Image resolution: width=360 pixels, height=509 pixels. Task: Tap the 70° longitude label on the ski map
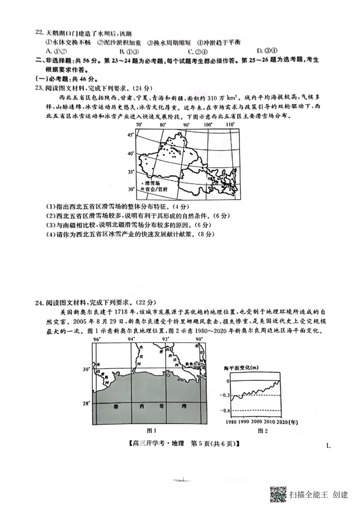[x=139, y=125]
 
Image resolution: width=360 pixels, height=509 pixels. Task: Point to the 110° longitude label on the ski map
[x=229, y=125]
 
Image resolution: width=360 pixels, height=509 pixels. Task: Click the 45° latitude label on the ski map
[x=130, y=134]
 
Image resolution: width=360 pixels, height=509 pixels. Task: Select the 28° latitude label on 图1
[x=86, y=403]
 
